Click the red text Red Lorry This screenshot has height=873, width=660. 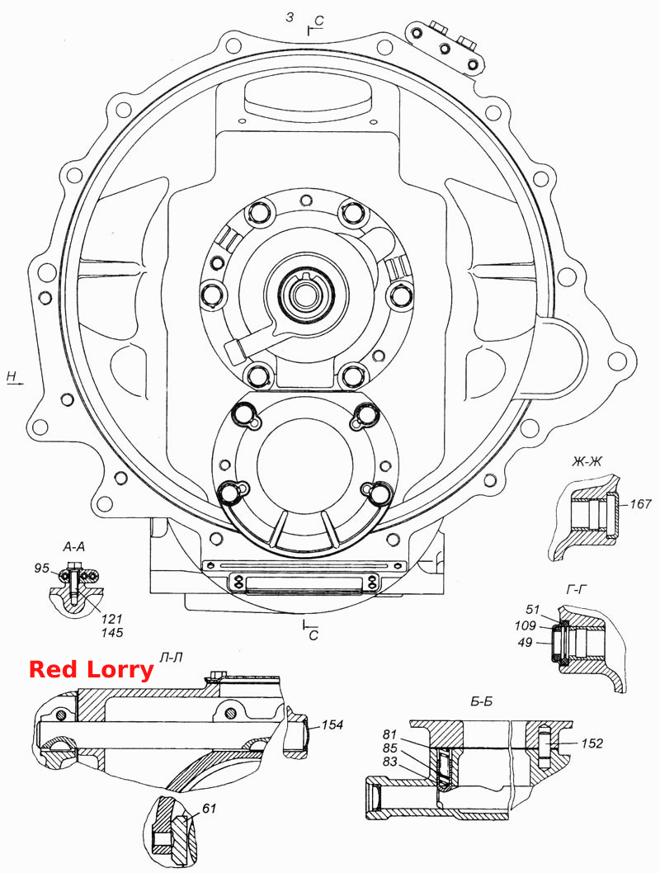[x=91, y=668]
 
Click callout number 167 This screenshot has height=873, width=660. [x=640, y=504]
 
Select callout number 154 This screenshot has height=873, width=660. [x=332, y=724]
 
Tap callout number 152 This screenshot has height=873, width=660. [x=592, y=743]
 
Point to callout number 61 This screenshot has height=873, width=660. [x=210, y=808]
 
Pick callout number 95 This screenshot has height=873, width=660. [x=42, y=568]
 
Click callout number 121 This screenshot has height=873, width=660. [x=112, y=619]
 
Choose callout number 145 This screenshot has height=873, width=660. [x=112, y=633]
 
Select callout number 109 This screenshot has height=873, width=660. [x=525, y=625]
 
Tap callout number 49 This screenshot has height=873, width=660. [x=525, y=642]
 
